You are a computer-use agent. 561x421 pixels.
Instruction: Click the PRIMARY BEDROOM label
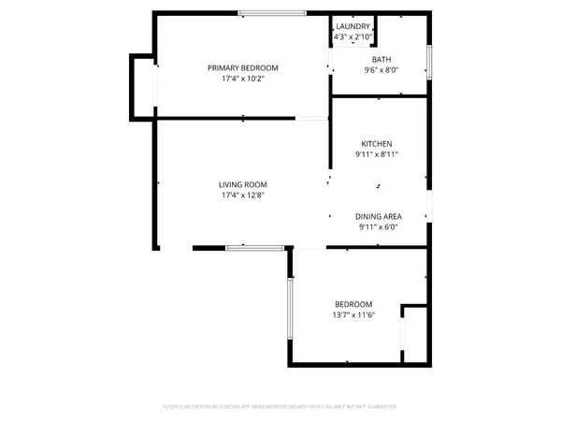click(243, 67)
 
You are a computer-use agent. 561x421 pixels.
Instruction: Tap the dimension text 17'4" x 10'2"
click(243, 80)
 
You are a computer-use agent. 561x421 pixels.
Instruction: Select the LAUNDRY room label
click(354, 26)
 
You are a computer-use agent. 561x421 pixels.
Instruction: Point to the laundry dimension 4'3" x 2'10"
click(354, 36)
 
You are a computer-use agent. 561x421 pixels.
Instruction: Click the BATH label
click(381, 59)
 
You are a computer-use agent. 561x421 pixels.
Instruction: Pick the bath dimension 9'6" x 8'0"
click(381, 70)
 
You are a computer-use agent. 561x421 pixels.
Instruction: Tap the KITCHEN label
click(379, 143)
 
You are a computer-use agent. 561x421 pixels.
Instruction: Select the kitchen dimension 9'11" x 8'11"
click(379, 154)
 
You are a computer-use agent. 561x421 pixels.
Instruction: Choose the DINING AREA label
click(379, 216)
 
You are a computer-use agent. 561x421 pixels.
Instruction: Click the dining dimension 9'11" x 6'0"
click(379, 227)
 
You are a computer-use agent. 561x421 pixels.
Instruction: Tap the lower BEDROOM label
click(353, 304)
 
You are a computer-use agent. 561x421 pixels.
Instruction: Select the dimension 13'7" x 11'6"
click(353, 316)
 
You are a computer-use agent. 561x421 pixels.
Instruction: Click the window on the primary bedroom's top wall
click(271, 12)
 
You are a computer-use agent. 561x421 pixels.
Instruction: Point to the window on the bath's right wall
click(429, 61)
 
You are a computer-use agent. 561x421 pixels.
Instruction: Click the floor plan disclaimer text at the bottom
click(280, 407)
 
